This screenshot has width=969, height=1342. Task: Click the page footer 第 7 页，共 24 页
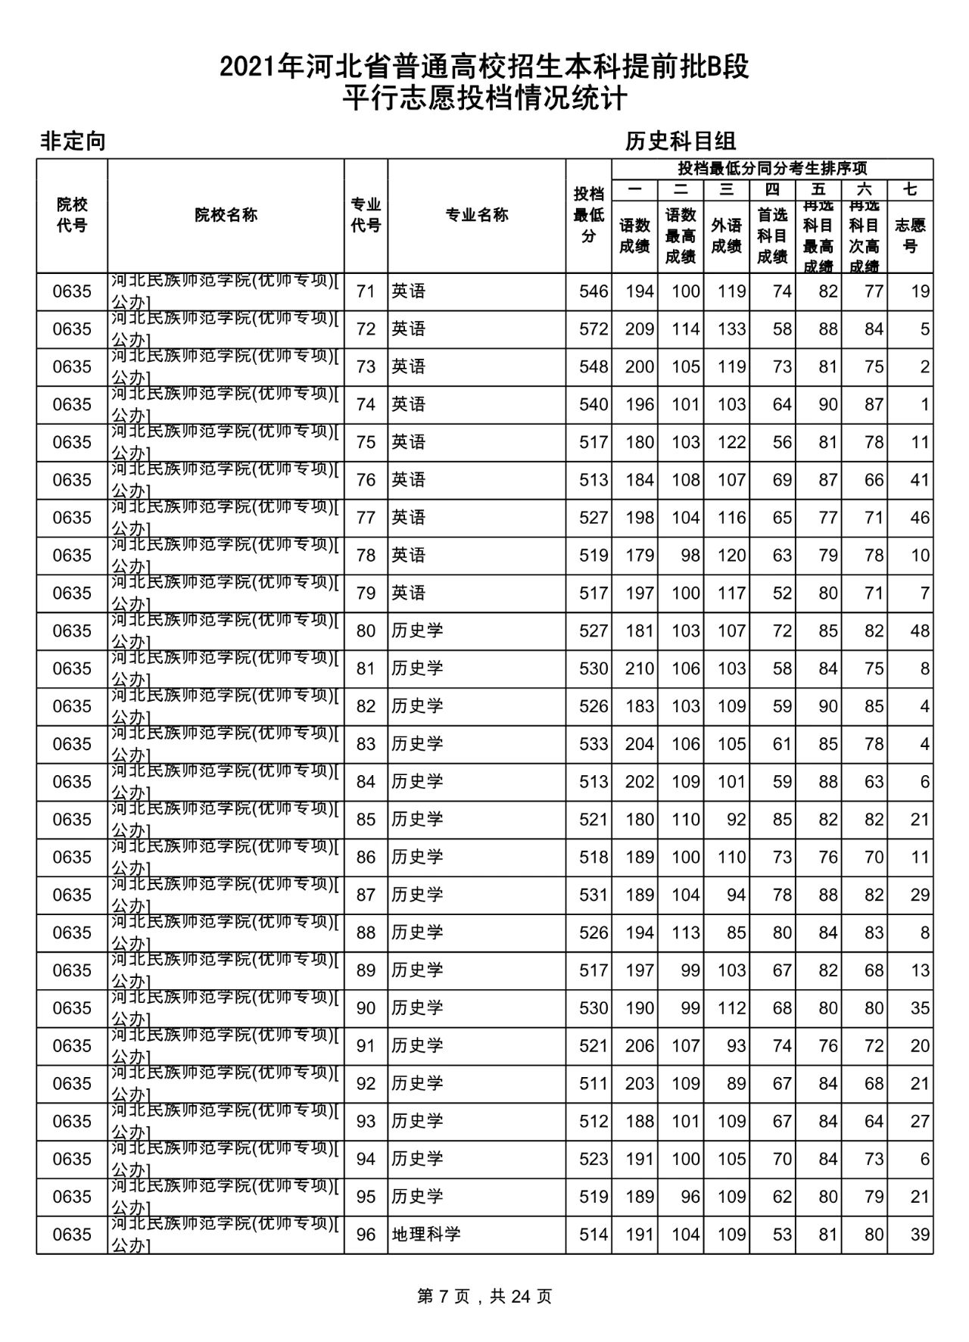tap(484, 1296)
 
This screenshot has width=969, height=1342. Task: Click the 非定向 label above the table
tap(73, 142)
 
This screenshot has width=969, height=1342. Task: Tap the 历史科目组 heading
tap(680, 142)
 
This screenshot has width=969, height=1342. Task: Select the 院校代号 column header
tap(72, 215)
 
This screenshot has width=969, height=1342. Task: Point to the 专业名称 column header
tap(476, 215)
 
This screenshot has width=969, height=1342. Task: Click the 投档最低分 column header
tap(589, 215)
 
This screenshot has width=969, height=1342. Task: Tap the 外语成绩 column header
tap(726, 235)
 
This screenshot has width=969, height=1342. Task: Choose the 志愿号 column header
tap(910, 235)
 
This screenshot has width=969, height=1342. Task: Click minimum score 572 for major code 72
tap(594, 329)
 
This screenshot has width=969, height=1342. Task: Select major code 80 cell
tap(366, 631)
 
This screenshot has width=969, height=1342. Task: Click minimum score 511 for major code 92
tap(594, 1083)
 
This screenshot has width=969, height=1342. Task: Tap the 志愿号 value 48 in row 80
tap(920, 631)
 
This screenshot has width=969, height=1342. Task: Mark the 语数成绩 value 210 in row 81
tap(639, 668)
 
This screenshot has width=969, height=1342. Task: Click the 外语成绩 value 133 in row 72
tap(731, 329)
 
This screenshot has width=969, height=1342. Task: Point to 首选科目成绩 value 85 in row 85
tap(782, 819)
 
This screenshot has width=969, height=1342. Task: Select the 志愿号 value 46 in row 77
tap(920, 518)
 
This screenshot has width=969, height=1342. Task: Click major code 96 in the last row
tap(366, 1235)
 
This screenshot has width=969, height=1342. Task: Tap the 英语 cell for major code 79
tap(409, 593)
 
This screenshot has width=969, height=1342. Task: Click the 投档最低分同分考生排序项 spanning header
tap(772, 168)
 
